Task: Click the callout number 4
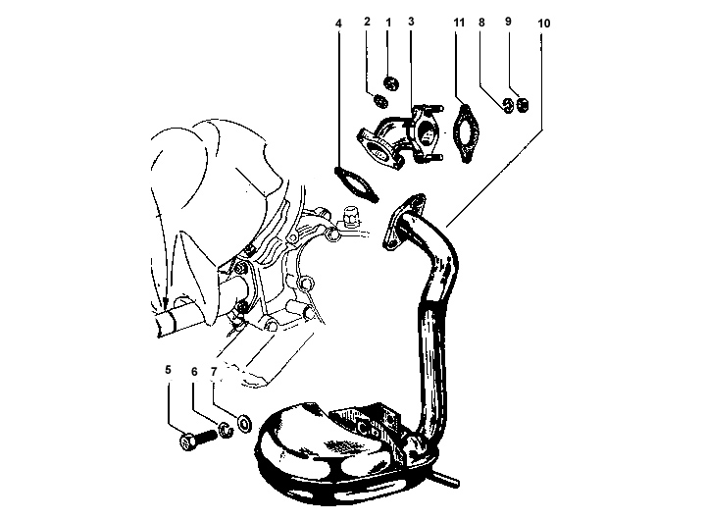click(338, 23)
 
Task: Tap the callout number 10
click(544, 24)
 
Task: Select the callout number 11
click(459, 23)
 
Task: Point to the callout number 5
click(168, 370)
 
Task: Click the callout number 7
click(214, 372)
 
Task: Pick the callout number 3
click(411, 22)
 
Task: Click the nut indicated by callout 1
click(391, 83)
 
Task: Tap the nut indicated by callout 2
click(380, 101)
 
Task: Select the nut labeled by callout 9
click(523, 105)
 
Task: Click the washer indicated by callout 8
click(508, 105)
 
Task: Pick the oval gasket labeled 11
click(467, 133)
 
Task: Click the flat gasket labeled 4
click(357, 184)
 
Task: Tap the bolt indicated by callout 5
click(198, 440)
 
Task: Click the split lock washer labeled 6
click(226, 430)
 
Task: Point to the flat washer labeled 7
click(244, 424)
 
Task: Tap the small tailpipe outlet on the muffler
click(448, 479)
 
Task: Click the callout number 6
click(194, 372)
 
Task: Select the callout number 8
click(481, 23)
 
